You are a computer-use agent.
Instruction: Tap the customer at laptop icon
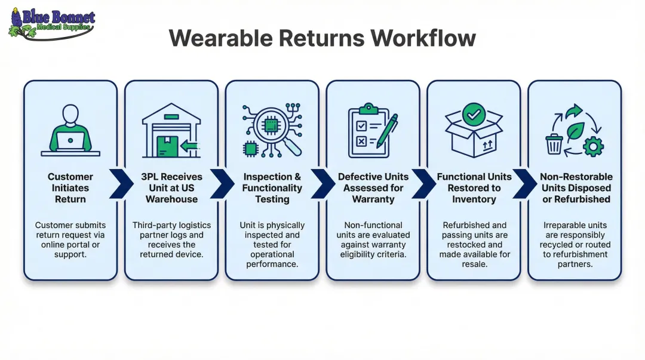point(70,131)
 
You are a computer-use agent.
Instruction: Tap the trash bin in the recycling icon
point(554,143)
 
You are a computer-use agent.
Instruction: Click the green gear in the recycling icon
point(592,146)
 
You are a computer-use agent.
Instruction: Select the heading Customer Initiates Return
point(70,188)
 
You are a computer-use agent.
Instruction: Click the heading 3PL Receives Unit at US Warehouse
point(171,188)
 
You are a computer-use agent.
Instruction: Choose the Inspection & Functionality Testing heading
point(272,188)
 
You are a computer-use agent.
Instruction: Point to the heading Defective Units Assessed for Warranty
point(373,188)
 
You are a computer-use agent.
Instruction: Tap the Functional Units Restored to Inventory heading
point(474,188)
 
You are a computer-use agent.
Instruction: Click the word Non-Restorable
point(576,177)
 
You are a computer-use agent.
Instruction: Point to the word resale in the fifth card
point(474,264)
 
